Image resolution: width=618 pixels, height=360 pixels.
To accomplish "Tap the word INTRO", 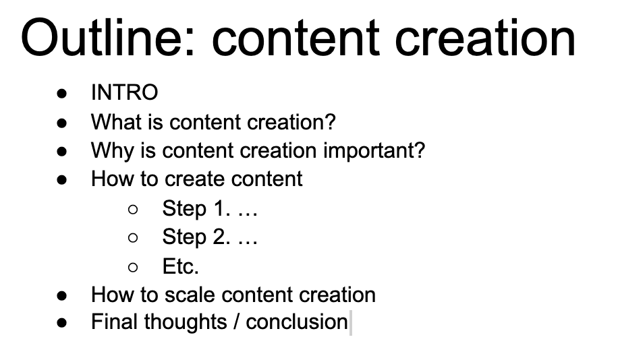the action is point(125,92).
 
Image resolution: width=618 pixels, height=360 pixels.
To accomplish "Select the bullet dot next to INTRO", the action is point(62,94).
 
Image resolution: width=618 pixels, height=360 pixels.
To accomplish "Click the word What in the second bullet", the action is point(116,122).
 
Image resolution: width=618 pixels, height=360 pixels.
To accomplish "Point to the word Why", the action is point(113,151).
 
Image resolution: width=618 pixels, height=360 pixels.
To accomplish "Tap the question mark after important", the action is point(419,150).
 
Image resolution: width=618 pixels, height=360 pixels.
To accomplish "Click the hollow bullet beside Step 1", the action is point(133,209).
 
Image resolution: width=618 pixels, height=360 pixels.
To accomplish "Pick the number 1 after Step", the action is point(221,208).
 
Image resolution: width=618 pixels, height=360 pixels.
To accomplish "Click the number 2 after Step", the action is point(221,237).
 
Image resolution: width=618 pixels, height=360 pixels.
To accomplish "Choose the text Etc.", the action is point(181,266).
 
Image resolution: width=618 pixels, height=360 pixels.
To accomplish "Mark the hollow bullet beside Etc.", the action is point(133,268).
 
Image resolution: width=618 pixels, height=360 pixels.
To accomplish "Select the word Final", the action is point(115,322).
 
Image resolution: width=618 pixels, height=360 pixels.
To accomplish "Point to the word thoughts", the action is point(186,322).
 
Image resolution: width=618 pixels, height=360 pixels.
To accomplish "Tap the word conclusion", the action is point(297,322).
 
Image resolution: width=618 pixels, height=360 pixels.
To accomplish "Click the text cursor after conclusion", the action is point(351,322).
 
